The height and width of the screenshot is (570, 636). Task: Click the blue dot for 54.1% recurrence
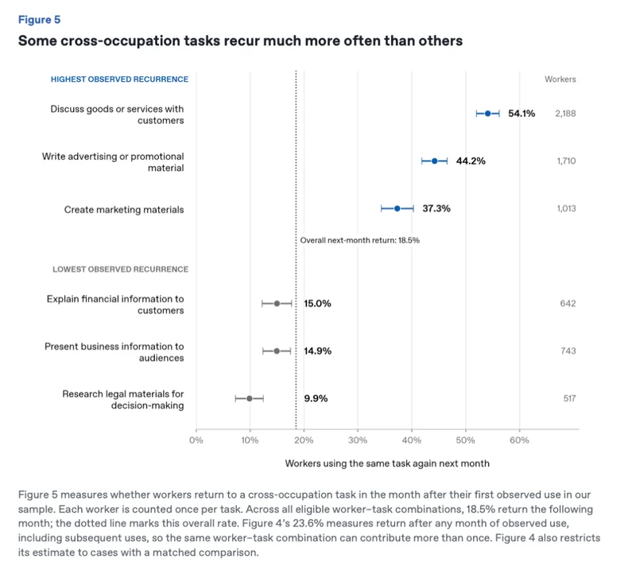(x=487, y=114)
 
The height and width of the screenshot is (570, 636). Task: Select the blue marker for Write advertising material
(x=434, y=161)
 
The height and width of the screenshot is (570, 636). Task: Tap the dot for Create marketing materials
(x=397, y=208)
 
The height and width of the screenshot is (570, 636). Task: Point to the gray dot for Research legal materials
(x=250, y=398)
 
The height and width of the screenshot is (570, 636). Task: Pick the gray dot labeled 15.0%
(x=277, y=304)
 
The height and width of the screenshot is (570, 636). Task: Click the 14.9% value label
(x=317, y=351)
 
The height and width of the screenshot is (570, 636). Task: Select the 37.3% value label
(x=436, y=208)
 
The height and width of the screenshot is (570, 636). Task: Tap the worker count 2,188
(x=565, y=114)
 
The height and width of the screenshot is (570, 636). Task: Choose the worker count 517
(x=569, y=398)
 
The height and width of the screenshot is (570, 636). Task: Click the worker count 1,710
(x=566, y=161)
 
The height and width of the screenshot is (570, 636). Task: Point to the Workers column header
(x=560, y=79)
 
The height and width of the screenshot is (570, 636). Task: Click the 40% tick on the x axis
(x=411, y=440)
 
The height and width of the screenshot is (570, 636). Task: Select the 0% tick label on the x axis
(x=196, y=440)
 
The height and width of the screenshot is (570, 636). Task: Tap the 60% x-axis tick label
(x=519, y=440)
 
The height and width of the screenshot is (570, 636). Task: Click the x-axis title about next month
(x=387, y=463)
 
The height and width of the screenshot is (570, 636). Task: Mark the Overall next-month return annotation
(x=360, y=240)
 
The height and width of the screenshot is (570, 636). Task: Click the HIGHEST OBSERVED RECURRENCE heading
(x=119, y=79)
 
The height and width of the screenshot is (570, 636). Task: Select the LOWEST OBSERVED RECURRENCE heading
(x=121, y=269)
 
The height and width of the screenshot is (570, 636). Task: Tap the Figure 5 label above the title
(x=39, y=20)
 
